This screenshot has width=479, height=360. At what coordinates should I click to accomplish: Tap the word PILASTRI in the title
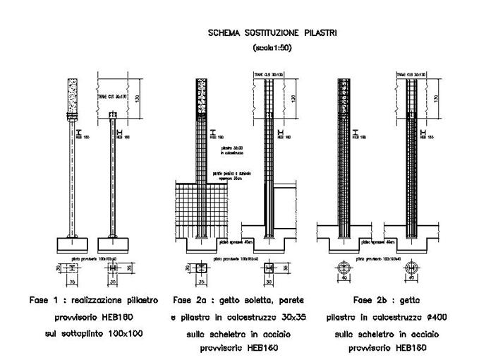pyautogui.click(x=322, y=33)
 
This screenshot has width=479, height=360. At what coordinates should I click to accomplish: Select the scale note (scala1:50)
pyautogui.click(x=272, y=48)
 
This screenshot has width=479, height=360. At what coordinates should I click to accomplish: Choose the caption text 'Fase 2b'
pyautogui.click(x=370, y=299)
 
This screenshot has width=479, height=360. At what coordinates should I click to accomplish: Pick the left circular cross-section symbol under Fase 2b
pyautogui.click(x=341, y=268)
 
